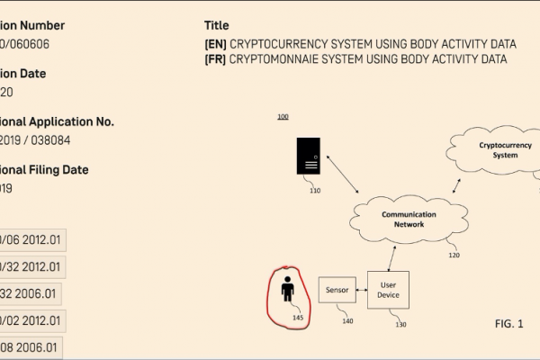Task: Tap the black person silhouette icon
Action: tap(287, 290)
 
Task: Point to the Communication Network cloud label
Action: tap(409, 220)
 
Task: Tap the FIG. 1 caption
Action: tap(508, 322)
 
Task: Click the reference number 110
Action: tap(314, 191)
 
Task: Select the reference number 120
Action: tap(454, 256)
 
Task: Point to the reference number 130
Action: tap(400, 325)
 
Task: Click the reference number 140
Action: tap(346, 320)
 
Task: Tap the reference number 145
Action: tap(298, 318)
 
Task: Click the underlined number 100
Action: tap(283, 118)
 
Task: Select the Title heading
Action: tap(217, 25)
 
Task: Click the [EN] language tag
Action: tap(215, 43)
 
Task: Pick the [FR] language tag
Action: tap(215, 59)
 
